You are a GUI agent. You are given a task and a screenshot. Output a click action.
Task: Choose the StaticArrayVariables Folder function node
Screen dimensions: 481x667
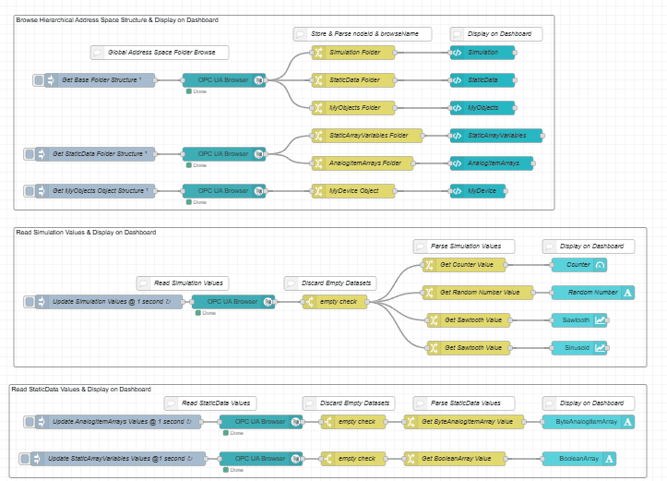tap(367, 136)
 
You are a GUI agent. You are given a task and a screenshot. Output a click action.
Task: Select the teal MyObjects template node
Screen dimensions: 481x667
tap(482, 108)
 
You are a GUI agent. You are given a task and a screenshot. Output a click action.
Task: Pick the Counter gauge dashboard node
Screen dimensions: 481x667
tap(578, 265)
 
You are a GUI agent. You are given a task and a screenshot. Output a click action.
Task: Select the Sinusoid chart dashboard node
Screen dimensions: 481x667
tap(578, 348)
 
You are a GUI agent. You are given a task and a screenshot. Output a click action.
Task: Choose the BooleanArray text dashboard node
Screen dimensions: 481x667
tap(578, 459)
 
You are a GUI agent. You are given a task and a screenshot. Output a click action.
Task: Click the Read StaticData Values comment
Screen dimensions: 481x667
tap(210, 403)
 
